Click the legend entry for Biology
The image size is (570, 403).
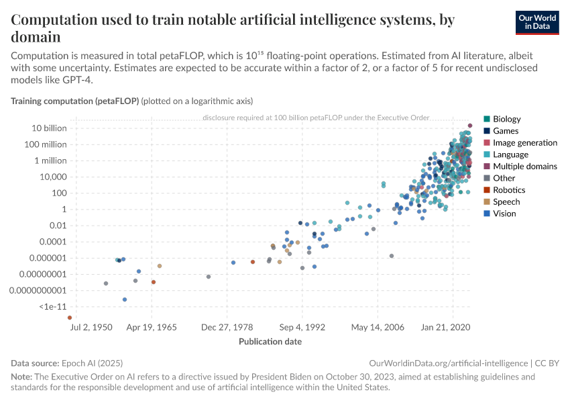(506, 119)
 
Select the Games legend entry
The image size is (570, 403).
(505, 131)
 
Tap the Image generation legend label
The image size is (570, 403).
(524, 142)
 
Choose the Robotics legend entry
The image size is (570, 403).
(509, 190)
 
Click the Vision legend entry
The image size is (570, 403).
(504, 214)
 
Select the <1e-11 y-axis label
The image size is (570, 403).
(52, 306)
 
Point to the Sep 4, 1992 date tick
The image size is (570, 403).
(302, 328)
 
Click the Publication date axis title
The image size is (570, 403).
(270, 341)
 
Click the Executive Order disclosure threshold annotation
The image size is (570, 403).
(315, 118)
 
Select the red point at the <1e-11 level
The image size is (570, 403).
(70, 318)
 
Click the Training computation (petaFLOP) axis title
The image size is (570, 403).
(74, 101)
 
